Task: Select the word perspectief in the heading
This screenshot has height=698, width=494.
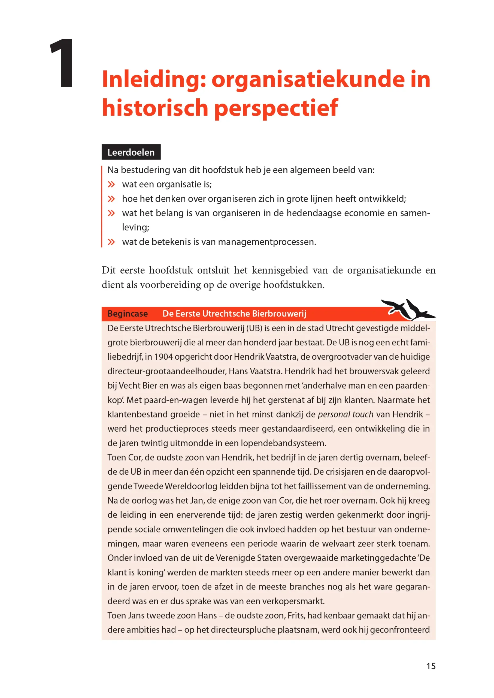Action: (276, 108)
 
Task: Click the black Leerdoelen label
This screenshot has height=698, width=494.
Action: (131, 152)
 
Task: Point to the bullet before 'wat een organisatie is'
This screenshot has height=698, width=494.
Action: (111, 185)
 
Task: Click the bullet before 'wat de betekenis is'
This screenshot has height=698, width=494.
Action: (111, 242)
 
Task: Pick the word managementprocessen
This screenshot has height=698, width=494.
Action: (267, 242)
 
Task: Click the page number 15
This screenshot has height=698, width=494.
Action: (431, 666)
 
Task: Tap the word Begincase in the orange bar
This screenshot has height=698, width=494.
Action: (128, 314)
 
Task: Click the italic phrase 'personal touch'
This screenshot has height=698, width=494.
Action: (346, 414)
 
